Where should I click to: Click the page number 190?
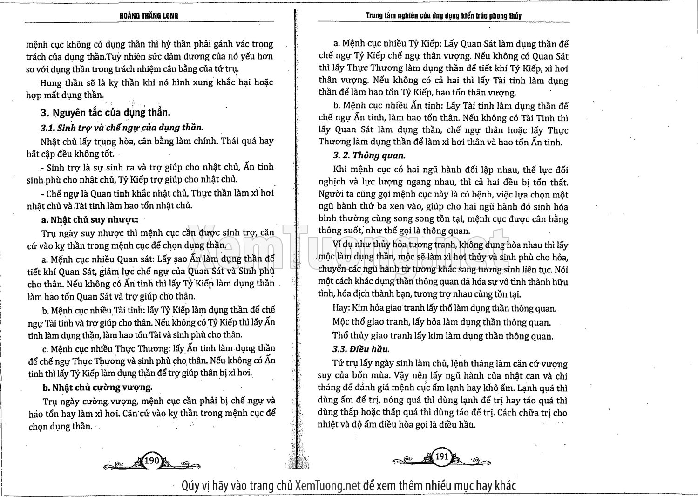pyautogui.click(x=152, y=460)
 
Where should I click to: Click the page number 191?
pyautogui.click(x=441, y=456)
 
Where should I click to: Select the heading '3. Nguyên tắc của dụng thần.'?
pyautogui.click(x=105, y=113)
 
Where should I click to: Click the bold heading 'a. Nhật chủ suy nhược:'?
pyautogui.click(x=90, y=219)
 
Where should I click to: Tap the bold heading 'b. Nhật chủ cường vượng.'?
pyautogui.click(x=97, y=387)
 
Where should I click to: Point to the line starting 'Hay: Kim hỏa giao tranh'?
pyautogui.click(x=445, y=308)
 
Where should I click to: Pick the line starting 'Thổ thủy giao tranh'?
pyautogui.click(x=443, y=336)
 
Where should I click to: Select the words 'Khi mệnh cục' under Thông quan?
pyautogui.click(x=357, y=170)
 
